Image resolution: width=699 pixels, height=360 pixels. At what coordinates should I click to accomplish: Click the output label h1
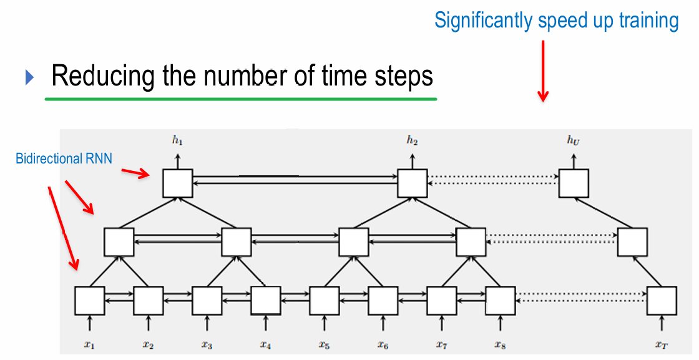point(178,141)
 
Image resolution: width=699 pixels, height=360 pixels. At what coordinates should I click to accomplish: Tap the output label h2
point(412,141)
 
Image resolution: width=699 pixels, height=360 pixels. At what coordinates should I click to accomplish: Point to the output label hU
point(574,140)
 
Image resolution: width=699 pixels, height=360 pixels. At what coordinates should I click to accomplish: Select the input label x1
point(89,344)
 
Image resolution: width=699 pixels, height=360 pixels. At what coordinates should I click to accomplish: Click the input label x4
point(266,344)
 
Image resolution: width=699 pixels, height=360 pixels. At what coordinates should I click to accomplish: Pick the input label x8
point(500,344)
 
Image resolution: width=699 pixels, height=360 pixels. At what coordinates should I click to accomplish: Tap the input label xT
point(662,344)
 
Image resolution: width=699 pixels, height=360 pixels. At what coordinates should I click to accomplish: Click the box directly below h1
point(178,183)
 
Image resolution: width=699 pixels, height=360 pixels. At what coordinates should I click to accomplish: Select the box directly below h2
point(412,183)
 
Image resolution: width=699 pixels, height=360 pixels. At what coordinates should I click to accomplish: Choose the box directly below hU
point(574,183)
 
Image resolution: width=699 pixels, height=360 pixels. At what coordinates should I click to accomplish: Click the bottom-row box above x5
point(325,301)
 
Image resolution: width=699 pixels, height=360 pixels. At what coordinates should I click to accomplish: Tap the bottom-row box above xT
point(662,301)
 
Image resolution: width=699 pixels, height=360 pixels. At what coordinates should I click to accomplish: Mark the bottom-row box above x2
point(149,301)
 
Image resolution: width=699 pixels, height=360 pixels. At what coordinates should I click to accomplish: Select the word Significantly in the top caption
point(484,21)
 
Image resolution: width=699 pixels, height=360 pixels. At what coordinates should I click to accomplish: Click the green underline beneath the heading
point(240,99)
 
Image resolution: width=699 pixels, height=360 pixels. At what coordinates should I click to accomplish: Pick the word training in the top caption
point(648,21)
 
